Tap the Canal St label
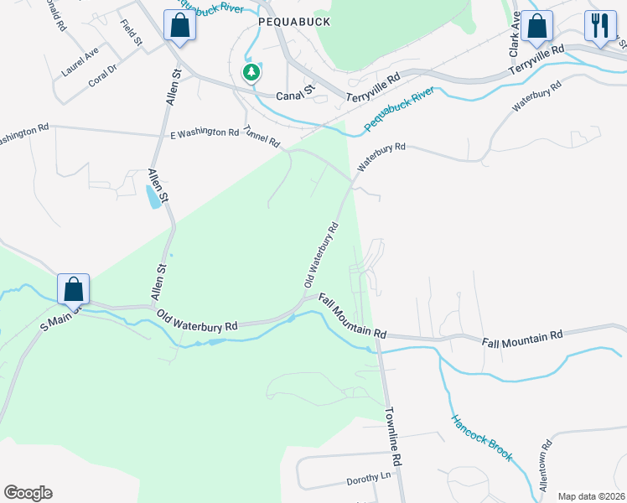tap(295, 96)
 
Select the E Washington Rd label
tap(205, 133)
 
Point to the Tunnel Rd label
tap(262, 137)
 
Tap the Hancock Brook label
tap(481, 438)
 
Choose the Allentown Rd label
tap(546, 464)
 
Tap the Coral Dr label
tap(101, 80)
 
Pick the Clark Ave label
tap(515, 38)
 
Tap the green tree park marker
tap(251, 73)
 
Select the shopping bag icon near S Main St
tap(73, 289)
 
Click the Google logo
tap(28, 493)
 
